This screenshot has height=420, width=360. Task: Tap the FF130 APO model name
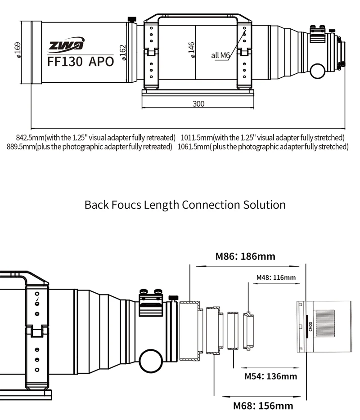81,62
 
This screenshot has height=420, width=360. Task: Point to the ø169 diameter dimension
18,50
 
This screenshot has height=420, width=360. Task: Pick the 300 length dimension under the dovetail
198,104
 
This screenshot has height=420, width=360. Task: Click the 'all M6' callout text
221,55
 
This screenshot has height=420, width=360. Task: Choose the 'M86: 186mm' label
245,257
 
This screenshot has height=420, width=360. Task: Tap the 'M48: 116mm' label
276,277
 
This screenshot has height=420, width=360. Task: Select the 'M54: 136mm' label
270,376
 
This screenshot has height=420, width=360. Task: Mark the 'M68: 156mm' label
263,406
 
